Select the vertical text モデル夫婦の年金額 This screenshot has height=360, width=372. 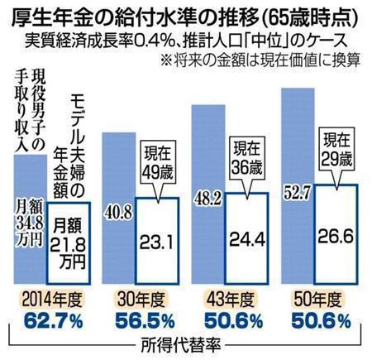point(79,157)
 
